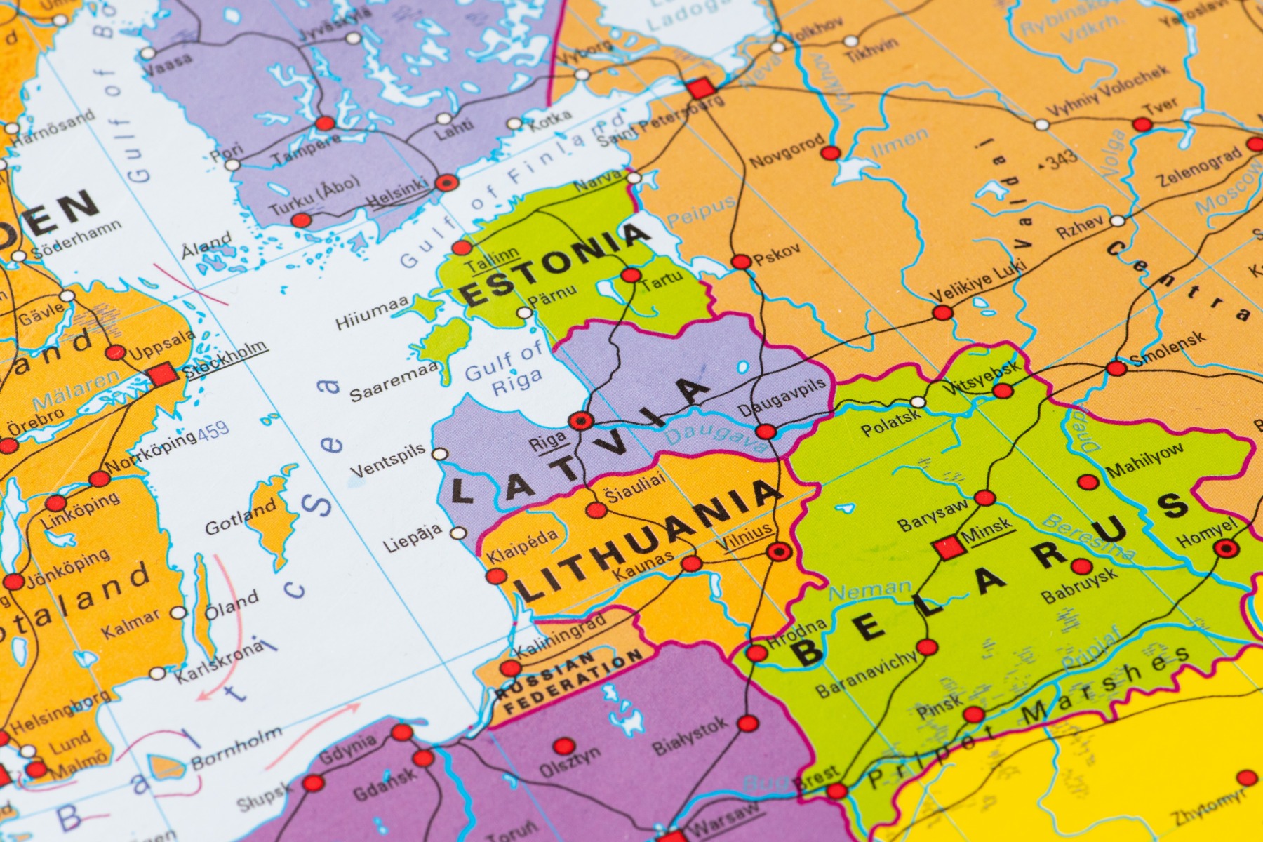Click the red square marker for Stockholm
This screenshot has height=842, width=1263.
coord(163,374)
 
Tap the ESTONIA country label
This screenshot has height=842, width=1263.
coord(554,263)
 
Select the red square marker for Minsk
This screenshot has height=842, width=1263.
coord(948,548)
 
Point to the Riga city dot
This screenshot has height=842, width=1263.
coord(581,421)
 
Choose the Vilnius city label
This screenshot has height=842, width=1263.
coord(744,537)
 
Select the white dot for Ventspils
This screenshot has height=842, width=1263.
coord(440,454)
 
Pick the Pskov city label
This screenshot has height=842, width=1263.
coord(777,255)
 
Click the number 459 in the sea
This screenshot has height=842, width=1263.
coord(213,430)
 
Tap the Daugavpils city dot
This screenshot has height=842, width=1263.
coord(766,431)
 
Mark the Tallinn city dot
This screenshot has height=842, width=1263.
coord(462,247)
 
